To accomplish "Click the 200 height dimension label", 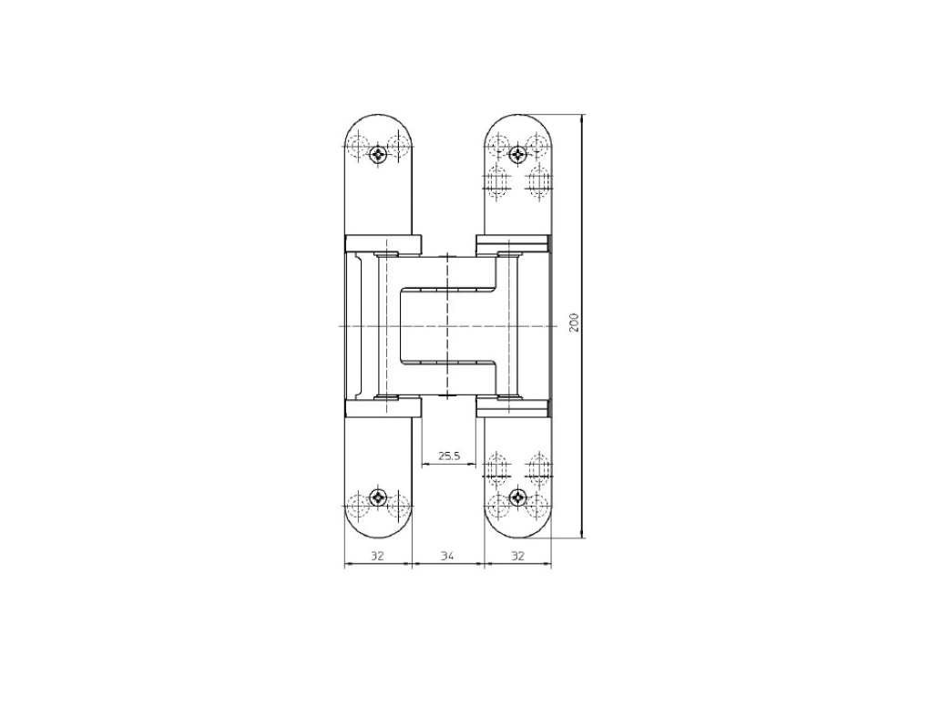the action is pyautogui.click(x=574, y=322).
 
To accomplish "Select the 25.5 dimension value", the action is pyautogui.click(x=449, y=456).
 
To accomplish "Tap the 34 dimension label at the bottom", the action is pyautogui.click(x=448, y=556).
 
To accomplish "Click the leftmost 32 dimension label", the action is pyautogui.click(x=378, y=556).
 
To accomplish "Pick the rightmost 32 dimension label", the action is pyautogui.click(x=517, y=556).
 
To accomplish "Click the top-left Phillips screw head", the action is pyautogui.click(x=378, y=156).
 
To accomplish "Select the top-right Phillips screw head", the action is pyautogui.click(x=517, y=156).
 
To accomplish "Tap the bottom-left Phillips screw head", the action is pyautogui.click(x=378, y=497).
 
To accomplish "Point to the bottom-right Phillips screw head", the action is pyautogui.click(x=517, y=497).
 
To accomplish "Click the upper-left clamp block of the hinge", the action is pyautogui.click(x=383, y=244).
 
